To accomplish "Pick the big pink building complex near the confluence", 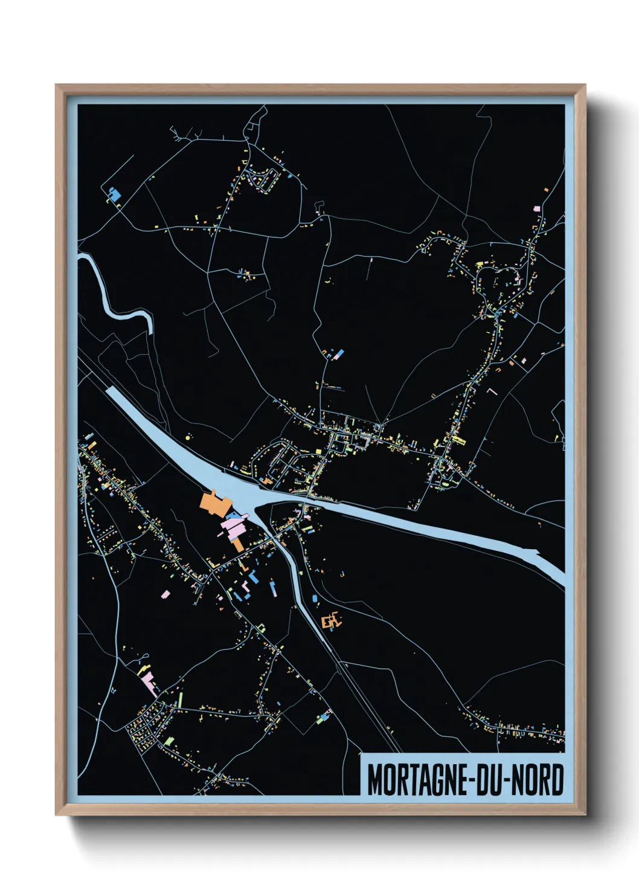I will [x=234, y=527].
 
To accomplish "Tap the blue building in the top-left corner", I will [x=114, y=195].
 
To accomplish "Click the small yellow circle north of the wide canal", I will [x=188, y=436].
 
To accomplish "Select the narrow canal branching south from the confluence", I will [x=296, y=580].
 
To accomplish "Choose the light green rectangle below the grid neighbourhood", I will [x=169, y=740].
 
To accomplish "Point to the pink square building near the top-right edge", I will [x=537, y=208].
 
